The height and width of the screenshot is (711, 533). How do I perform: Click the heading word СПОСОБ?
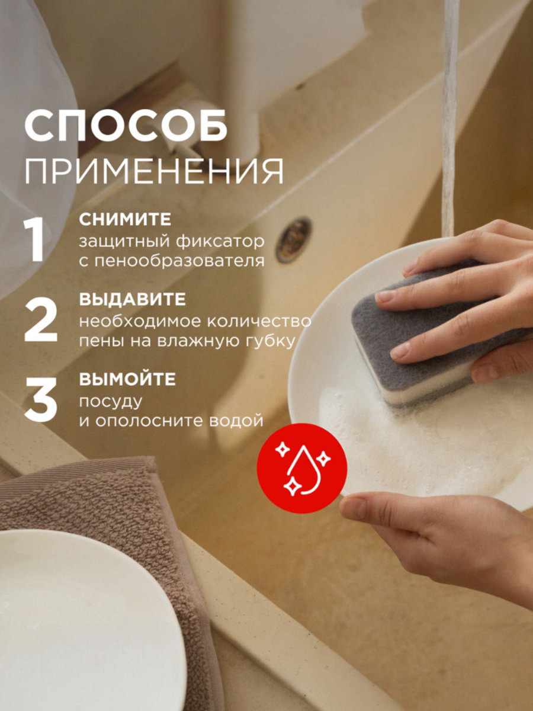pos(126,126)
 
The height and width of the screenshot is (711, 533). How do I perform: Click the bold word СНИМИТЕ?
pos(125,220)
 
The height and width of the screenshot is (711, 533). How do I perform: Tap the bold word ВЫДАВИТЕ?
pos(132,299)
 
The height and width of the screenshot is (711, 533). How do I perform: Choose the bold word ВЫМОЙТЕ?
pos(127,379)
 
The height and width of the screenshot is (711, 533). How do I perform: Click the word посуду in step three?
pos(111,402)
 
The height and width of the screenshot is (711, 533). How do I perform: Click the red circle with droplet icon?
pos(301,468)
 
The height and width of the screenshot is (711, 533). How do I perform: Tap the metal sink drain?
pos(294,240)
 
